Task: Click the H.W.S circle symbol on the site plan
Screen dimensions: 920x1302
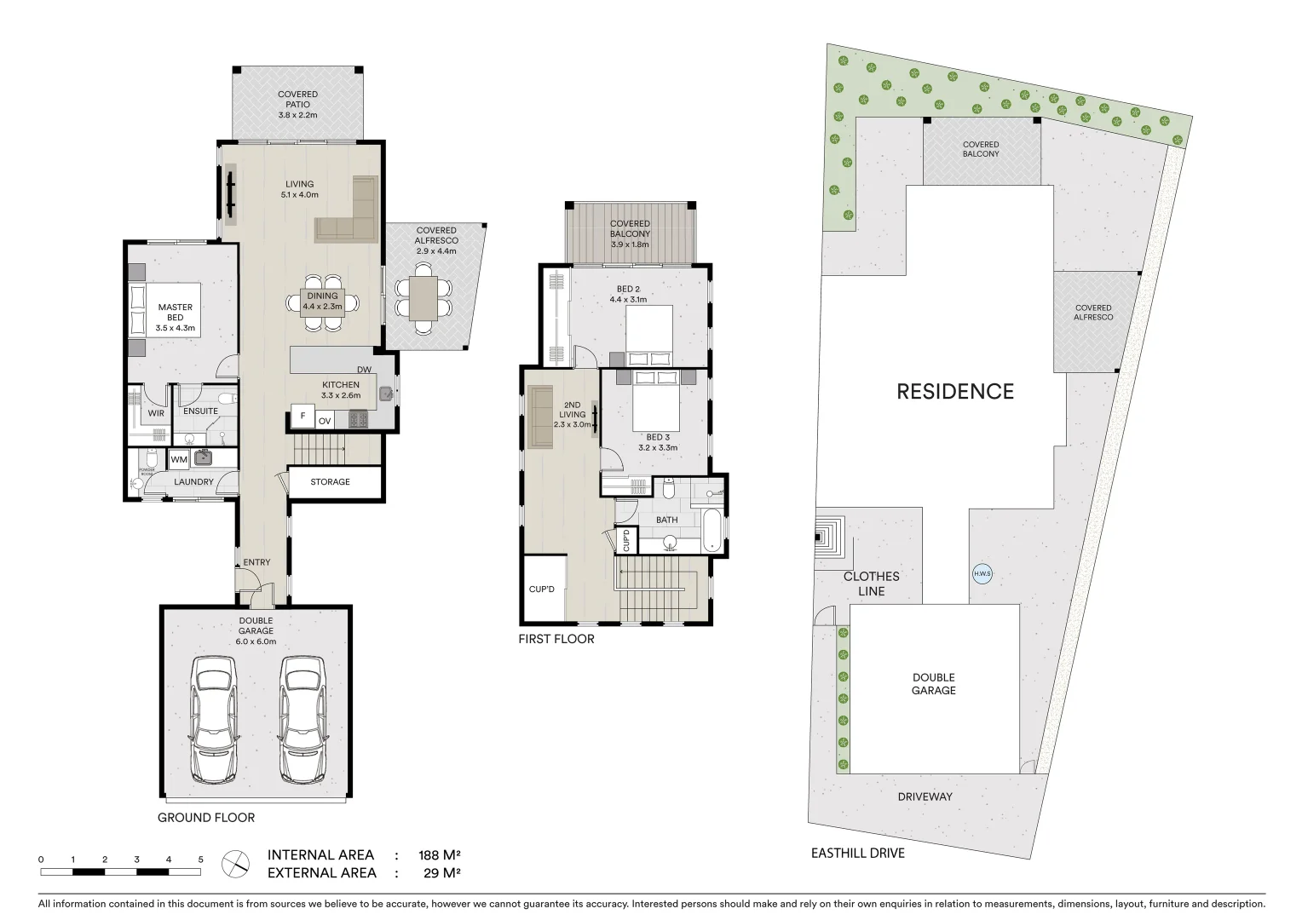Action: [982, 573]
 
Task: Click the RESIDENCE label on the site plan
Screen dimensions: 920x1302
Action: [954, 391]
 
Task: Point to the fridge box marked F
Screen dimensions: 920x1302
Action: [301, 417]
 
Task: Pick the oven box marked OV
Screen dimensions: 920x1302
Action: [325, 421]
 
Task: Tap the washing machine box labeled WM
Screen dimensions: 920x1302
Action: [179, 459]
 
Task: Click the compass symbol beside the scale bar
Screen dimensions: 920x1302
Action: [234, 864]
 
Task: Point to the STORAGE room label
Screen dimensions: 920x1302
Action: [330, 481]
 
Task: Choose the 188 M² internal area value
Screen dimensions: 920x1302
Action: [439, 854]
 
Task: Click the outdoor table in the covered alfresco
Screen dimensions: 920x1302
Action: [423, 297]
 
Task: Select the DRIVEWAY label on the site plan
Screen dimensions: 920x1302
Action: [925, 796]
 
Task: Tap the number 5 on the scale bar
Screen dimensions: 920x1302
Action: [201, 860]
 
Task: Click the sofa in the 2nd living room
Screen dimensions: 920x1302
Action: [540, 416]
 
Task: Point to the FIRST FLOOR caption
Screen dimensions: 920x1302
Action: [556, 638]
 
